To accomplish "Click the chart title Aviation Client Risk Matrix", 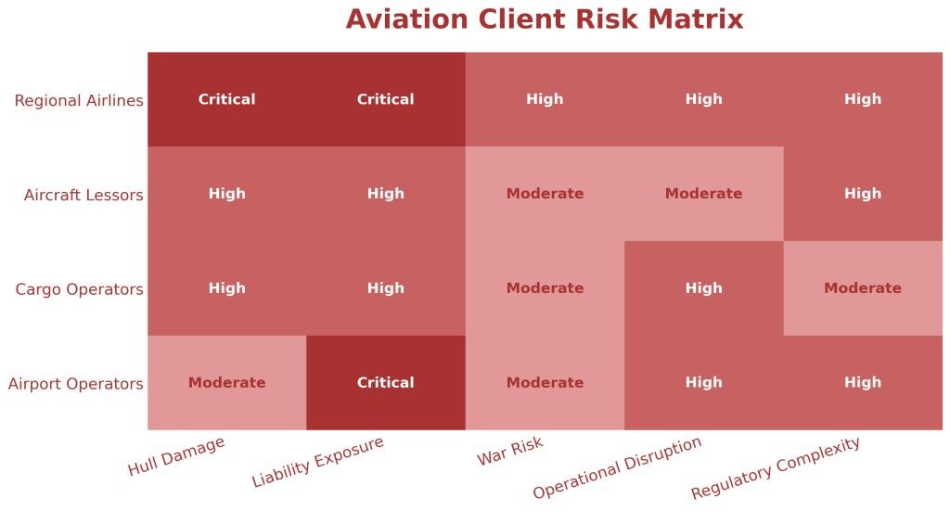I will point(545,19).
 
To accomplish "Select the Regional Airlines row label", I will point(79,100).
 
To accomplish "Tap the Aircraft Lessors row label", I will point(83,195).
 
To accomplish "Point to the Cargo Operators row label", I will point(79,289).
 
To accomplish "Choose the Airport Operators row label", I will point(76,384).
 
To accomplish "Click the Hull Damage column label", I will point(176,456).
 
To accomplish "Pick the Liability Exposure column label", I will point(317,462).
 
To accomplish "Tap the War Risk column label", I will point(510,452).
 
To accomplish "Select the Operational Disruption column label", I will point(617,467).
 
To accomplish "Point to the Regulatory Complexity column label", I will point(776,467).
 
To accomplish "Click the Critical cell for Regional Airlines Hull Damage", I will point(226,99).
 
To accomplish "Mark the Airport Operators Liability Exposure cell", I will point(385,383).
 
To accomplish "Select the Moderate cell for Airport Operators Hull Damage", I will point(226,383).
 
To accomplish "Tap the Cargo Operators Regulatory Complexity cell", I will point(863,288).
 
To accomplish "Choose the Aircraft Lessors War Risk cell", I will point(545,194).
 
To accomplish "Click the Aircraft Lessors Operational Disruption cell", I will point(703,194).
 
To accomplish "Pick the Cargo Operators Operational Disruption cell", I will point(703,288).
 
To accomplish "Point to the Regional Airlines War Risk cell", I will point(545,99).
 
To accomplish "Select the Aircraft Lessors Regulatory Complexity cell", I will point(863,194).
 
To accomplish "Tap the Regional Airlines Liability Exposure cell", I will point(385,99).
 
